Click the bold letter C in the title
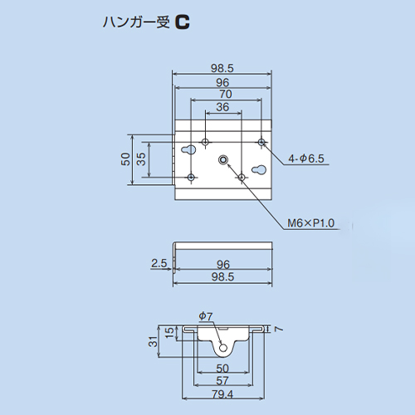pos(183,22)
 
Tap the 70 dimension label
pos(226,94)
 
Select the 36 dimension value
pos(222,107)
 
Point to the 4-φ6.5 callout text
pos(306,159)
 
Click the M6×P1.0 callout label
pos(310,223)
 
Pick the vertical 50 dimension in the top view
pos(125,159)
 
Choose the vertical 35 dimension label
pos(141,159)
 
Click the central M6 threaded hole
pos(223,159)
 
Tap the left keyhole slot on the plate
pos(189,149)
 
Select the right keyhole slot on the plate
pos(259,169)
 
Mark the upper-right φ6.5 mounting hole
pos(261,142)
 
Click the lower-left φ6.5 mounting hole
pos(191,177)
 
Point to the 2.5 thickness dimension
pos(159,263)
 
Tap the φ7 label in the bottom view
pos(206,315)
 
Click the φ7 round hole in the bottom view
pos(223,348)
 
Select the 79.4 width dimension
pos(222,394)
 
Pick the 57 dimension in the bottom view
pos(222,381)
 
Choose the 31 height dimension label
pos(153,342)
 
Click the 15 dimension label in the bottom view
pos(169,332)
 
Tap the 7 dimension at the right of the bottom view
pos(279,329)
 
